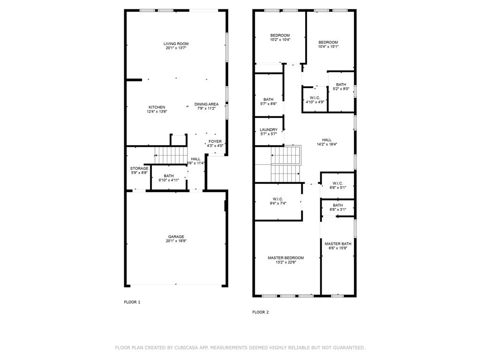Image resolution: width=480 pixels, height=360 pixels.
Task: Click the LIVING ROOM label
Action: [176, 44]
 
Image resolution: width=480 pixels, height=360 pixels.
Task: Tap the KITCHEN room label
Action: [157, 107]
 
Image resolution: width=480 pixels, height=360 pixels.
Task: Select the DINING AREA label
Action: [206, 104]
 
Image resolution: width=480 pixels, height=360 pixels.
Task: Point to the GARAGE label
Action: [176, 237]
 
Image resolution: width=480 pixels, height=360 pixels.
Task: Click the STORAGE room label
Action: [139, 168]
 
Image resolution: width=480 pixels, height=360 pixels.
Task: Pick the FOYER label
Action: [215, 142]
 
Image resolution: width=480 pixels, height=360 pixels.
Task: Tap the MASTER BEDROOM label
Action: [285, 258]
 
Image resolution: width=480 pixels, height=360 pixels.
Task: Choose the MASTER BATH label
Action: [338, 244]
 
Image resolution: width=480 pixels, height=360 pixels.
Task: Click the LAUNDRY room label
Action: [269, 130]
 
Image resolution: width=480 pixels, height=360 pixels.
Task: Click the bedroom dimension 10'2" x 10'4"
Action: [280, 39]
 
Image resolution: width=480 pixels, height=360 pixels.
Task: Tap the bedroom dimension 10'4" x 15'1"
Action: [328, 46]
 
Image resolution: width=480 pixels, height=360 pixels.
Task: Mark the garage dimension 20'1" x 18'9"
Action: [176, 241]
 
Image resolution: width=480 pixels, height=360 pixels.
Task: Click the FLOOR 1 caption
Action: [132, 302]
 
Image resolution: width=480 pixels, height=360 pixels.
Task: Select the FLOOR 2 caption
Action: [260, 312]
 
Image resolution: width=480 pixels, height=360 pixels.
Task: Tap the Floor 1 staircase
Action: [171, 156]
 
